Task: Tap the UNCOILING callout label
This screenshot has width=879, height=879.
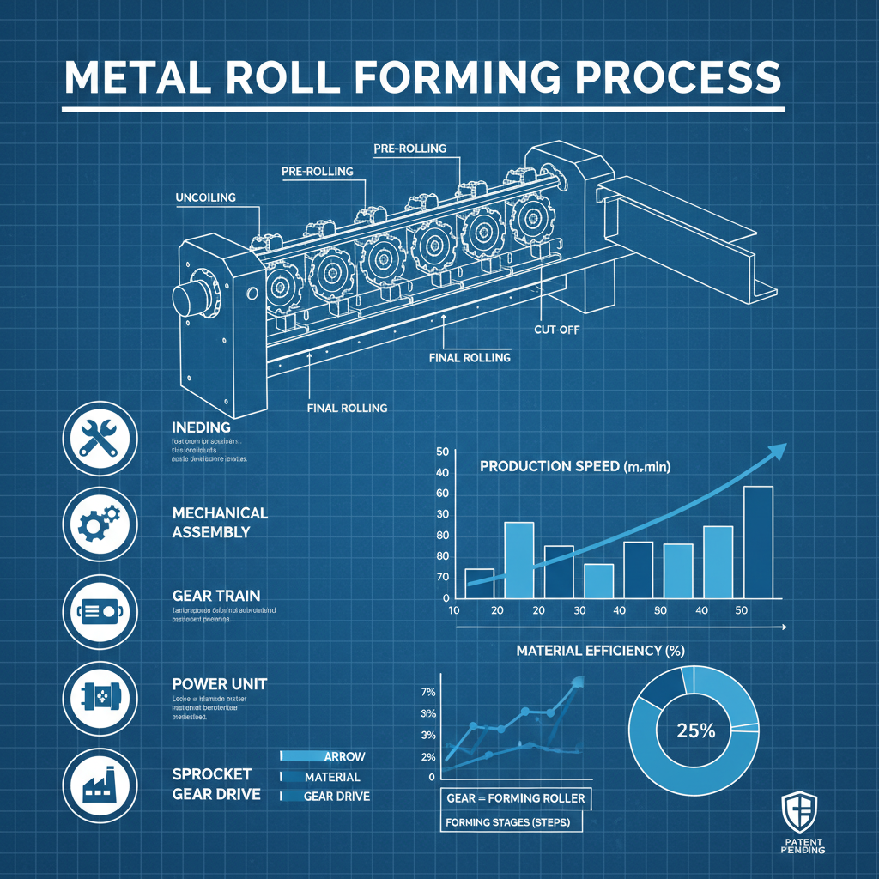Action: [x=205, y=197]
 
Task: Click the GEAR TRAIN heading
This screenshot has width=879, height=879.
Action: [x=215, y=595]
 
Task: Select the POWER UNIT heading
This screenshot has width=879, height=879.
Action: [x=219, y=684]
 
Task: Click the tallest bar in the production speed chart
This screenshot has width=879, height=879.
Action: [x=757, y=542]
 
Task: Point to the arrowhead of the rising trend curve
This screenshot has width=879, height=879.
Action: [x=778, y=451]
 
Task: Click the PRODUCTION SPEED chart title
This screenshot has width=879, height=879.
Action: [x=575, y=466]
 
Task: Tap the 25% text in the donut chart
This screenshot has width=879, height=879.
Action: [x=694, y=731]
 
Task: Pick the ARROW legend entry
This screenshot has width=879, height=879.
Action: [x=344, y=756]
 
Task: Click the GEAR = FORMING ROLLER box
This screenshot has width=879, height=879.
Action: [x=516, y=798]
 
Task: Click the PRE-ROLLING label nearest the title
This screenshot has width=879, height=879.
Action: [x=410, y=149]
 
